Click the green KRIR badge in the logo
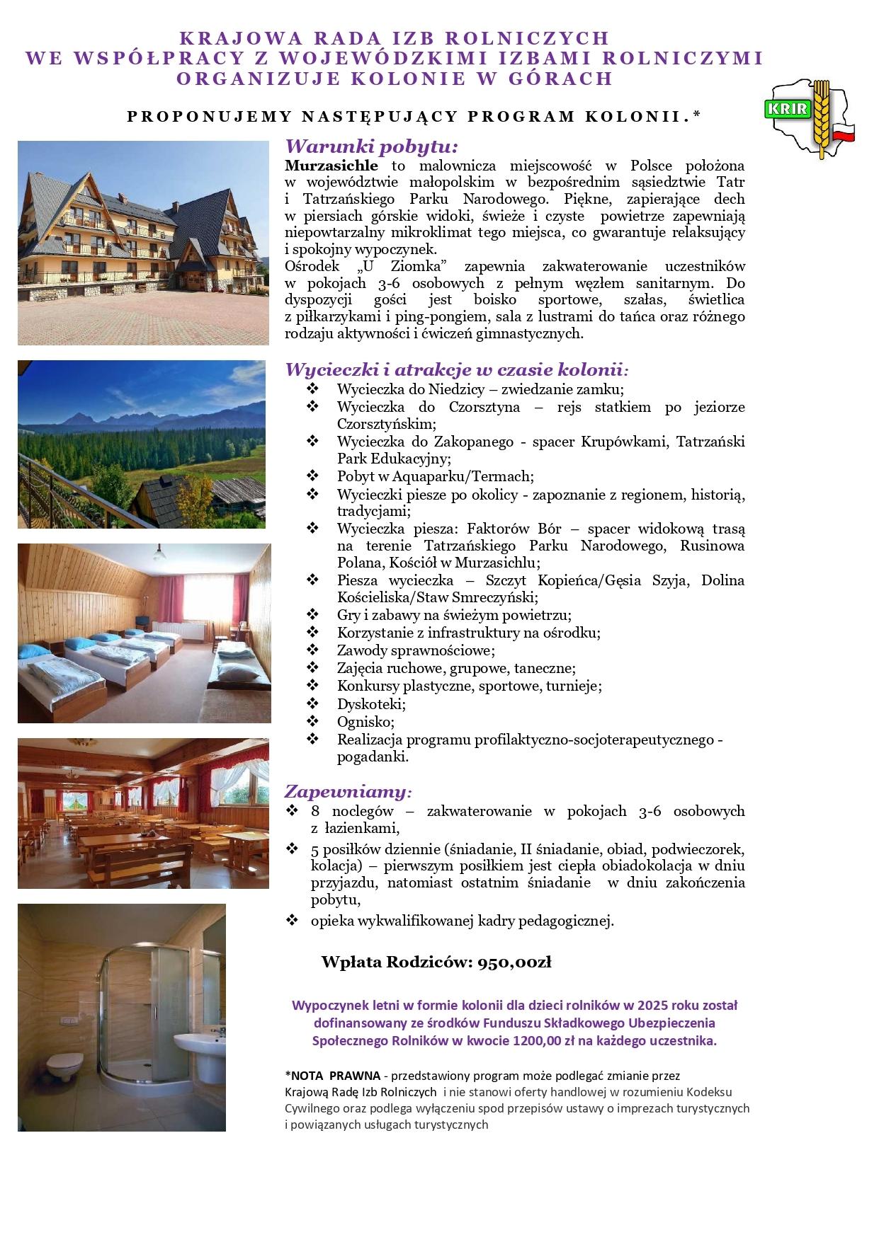tap(785, 109)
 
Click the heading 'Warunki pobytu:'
tap(371, 147)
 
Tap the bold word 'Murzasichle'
tap(331, 166)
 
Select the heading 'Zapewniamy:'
tap(348, 791)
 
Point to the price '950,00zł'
tap(514, 962)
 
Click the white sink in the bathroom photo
tap(198, 1045)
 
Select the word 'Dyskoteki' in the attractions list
tap(370, 704)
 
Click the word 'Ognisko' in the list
tap(364, 722)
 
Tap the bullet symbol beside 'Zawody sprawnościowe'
tap(313, 650)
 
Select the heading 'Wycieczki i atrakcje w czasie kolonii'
tap(455, 369)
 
